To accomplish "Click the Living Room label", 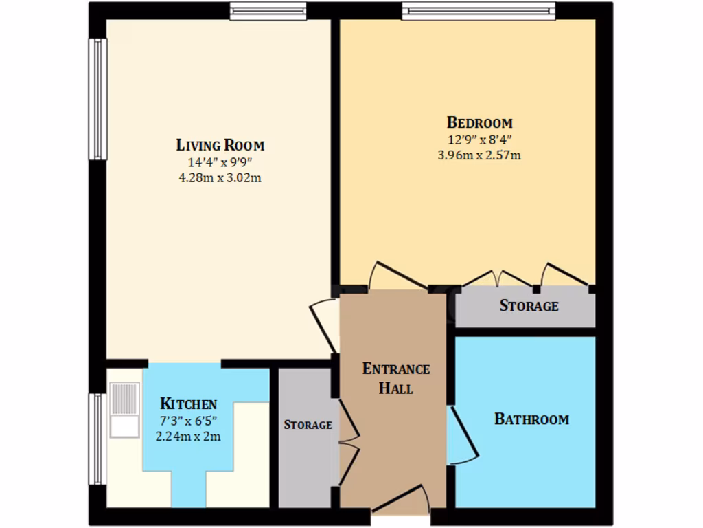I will click(220, 145).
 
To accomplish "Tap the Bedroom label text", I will click(479, 123).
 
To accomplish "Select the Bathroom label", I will click(531, 419).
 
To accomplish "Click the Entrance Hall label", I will click(396, 378).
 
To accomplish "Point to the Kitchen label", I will click(188, 404).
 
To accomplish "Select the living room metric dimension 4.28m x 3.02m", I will click(220, 177).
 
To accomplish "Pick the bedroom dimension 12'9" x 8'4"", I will click(479, 140).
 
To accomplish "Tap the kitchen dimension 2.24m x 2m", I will click(188, 436).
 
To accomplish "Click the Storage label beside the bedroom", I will click(529, 306).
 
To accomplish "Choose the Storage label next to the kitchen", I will click(308, 425).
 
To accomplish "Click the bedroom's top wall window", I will click(478, 10).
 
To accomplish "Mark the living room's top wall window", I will click(268, 10).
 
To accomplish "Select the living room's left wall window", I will click(97, 99).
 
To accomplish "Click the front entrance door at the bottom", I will click(401, 500).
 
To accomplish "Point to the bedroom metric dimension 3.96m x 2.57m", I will click(479, 155).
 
